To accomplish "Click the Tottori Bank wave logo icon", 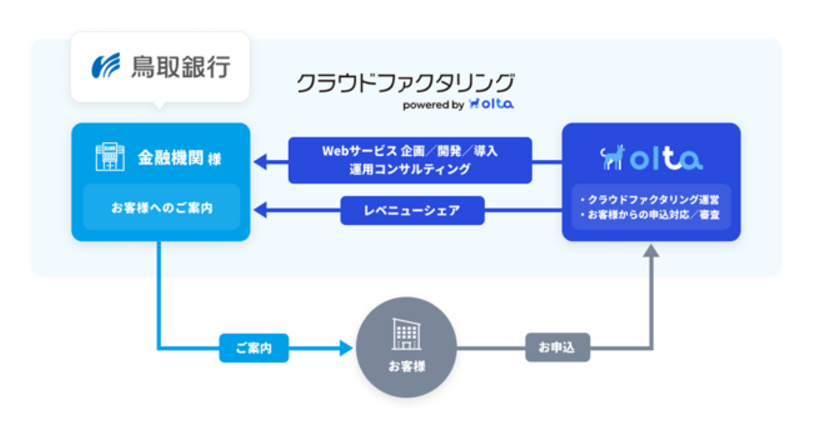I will point(106,65).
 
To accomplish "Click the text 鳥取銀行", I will point(181,66).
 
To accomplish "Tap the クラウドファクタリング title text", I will point(405,83).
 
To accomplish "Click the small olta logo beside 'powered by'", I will point(491,104).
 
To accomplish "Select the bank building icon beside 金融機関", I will point(110,156).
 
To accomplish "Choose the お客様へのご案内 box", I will point(161,207).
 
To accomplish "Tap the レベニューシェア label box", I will point(412,211).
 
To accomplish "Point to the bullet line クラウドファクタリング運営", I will point(652,200).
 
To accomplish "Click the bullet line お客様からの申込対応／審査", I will point(652,215).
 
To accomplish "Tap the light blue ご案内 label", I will point(253,348).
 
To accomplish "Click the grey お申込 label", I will point(557,348).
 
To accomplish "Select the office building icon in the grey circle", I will point(406,334).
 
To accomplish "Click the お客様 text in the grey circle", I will point(406,366).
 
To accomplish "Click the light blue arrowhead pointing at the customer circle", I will point(345,348).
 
